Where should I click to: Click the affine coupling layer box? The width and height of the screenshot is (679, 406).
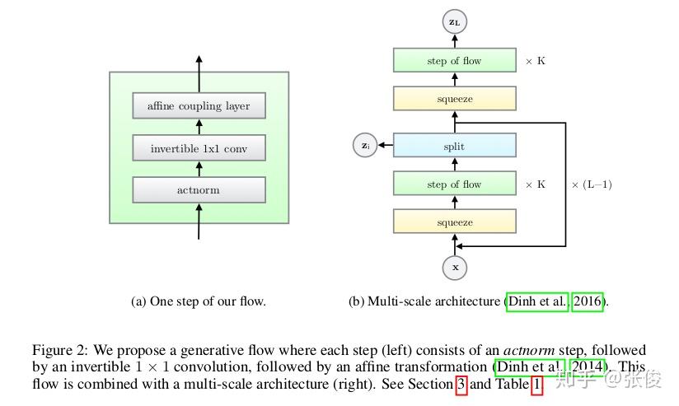pos(199,106)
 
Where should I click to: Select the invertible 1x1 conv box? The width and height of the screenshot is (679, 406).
pos(199,149)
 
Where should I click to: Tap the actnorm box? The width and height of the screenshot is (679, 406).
pos(199,190)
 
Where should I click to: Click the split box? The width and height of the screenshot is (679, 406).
pos(454,147)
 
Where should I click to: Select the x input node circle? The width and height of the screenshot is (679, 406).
pos(454,268)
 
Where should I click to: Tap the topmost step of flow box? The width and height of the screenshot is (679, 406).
pos(454,61)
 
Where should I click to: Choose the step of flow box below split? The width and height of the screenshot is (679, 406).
pos(454,184)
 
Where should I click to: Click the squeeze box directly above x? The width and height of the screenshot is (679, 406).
pos(454,222)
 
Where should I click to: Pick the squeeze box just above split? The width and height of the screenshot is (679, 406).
pos(454,99)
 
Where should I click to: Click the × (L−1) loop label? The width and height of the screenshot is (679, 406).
pos(591,185)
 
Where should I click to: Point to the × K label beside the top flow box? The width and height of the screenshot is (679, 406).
pos(535,62)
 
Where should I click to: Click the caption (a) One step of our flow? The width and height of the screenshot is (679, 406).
pos(199,301)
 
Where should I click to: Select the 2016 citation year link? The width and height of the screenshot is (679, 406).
pos(588,301)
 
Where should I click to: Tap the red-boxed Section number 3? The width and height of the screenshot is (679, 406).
pos(461,384)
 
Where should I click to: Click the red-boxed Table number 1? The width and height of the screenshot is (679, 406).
pos(537,384)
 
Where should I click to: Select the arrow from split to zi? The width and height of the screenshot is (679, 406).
pos(385,147)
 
